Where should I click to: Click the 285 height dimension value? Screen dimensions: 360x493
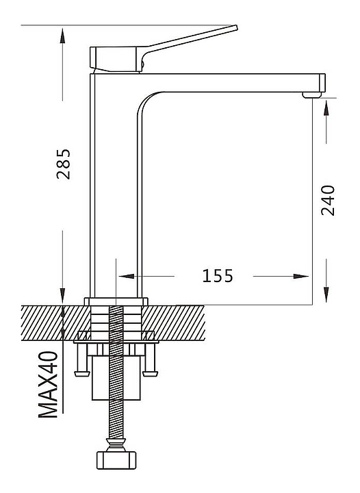[64, 164]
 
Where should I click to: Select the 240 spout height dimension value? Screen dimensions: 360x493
[328, 200]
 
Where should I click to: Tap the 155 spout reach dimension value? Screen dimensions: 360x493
[218, 276]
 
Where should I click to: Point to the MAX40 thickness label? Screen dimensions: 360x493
[48, 384]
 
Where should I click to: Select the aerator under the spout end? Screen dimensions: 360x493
[312, 94]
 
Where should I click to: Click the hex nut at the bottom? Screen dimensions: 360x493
[116, 460]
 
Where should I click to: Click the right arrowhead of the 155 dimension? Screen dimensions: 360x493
[301, 276]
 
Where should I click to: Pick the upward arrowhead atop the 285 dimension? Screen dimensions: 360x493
[62, 36]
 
